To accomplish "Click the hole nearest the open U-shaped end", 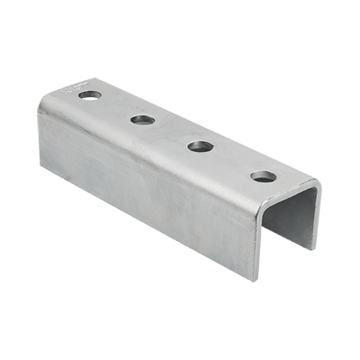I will pyautogui.click(x=262, y=175).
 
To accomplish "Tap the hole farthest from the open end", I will pyautogui.click(x=88, y=94).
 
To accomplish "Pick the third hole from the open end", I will pyautogui.click(x=141, y=119).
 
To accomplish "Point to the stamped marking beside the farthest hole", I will pyautogui.click(x=70, y=88).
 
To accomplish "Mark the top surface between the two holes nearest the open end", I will pyautogui.click(x=231, y=160).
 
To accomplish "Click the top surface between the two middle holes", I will pyautogui.click(x=171, y=132).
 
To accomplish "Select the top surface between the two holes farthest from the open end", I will pyautogui.click(x=115, y=106).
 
